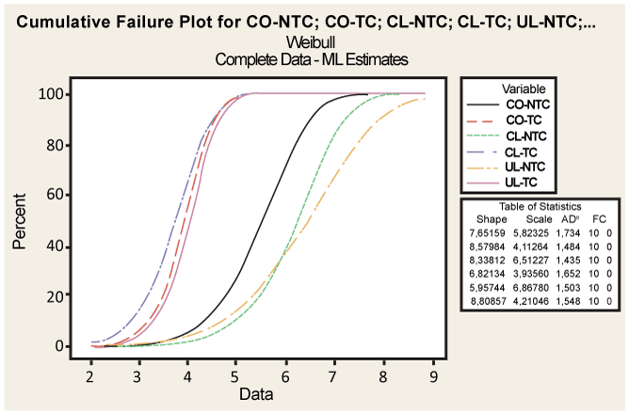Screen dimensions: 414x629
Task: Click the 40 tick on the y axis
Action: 63,246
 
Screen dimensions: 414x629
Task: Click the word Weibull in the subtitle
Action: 314,42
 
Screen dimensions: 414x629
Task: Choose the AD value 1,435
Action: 572,258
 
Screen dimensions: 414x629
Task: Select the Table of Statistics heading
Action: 539,205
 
